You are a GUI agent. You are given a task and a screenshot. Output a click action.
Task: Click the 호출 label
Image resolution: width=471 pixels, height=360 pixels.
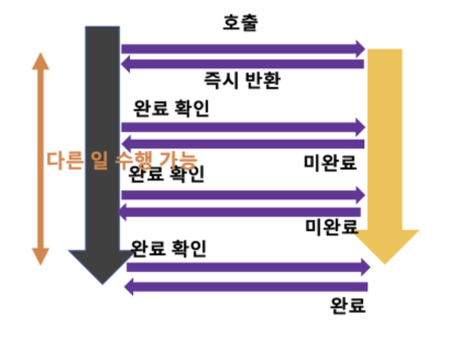point(240,23)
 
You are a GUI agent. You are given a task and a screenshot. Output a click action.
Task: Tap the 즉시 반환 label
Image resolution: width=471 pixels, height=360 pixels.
point(243,80)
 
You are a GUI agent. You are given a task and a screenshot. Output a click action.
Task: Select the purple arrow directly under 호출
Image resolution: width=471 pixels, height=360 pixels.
point(242,48)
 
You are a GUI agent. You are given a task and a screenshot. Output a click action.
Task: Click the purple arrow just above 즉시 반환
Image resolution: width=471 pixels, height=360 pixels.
point(242,64)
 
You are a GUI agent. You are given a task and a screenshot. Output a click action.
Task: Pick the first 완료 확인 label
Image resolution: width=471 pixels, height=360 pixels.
point(171,108)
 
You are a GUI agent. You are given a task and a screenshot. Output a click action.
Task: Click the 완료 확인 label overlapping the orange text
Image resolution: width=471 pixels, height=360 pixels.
point(166,174)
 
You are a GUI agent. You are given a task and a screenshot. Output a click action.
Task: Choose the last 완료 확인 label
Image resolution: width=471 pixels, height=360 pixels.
point(168,248)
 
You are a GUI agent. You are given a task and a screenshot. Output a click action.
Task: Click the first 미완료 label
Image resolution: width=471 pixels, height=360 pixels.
point(330,162)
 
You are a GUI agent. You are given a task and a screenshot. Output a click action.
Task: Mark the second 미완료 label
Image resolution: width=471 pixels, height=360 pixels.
point(332,226)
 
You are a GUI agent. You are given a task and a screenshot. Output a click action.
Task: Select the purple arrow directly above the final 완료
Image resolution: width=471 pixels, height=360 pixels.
point(245,287)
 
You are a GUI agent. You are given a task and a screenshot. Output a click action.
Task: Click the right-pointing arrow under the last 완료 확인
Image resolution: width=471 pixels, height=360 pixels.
point(248,268)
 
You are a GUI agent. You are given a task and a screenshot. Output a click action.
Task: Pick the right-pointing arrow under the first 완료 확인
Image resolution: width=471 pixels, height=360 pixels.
point(242,127)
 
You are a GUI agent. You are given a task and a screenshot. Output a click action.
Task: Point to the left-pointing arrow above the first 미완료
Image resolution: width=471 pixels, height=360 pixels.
point(242,144)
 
